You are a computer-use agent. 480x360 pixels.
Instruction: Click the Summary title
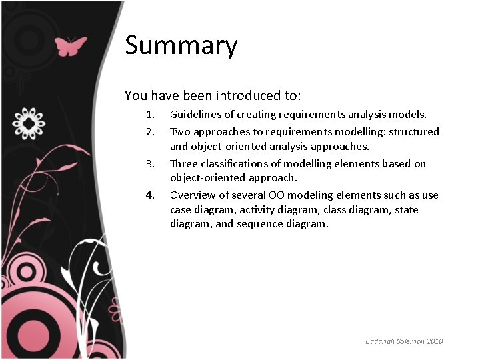(x=181, y=46)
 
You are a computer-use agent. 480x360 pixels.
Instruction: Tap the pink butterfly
(x=71, y=46)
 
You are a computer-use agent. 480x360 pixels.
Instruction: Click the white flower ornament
(x=29, y=123)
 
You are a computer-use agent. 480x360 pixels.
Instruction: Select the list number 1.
(x=151, y=115)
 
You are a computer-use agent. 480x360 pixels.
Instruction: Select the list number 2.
(x=151, y=131)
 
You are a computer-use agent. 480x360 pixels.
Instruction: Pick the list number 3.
(x=151, y=163)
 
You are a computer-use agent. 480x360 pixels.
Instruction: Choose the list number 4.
(x=151, y=195)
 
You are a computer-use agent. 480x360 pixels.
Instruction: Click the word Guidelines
(x=195, y=115)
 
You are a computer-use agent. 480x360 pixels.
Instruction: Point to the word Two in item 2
(x=179, y=131)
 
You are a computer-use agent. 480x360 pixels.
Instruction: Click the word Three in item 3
(x=184, y=163)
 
